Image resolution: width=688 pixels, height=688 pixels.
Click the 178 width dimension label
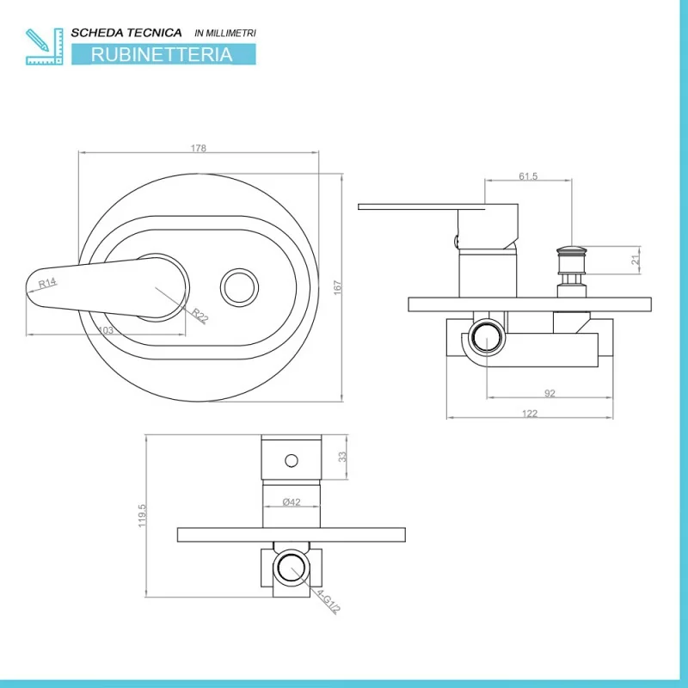[x=199, y=148]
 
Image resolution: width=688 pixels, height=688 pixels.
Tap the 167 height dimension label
[x=337, y=288]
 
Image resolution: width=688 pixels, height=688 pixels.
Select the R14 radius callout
[x=47, y=283]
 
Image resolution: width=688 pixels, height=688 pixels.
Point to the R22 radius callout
[x=200, y=316]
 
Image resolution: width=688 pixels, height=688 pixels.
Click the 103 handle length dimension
[x=105, y=330]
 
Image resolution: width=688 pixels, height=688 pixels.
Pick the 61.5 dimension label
[x=528, y=176]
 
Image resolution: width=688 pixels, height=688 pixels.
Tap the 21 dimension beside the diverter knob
[x=636, y=261]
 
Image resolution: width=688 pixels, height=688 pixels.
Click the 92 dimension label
[x=550, y=393]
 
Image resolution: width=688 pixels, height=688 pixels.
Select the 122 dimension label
[x=530, y=414]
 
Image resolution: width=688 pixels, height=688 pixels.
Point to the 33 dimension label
[x=342, y=457]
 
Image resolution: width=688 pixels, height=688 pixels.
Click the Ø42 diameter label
[x=292, y=502]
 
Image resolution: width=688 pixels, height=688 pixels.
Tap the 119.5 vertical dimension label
[x=142, y=515]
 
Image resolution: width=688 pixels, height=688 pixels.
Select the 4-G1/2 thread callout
[x=329, y=601]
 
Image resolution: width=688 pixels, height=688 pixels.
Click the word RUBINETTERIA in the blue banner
[x=162, y=54]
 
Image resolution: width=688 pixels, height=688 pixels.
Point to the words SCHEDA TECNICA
[x=126, y=33]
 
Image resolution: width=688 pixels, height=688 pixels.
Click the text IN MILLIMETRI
[x=225, y=33]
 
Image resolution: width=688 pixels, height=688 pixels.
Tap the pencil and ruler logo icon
[x=45, y=46]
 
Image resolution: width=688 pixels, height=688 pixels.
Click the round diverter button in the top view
[x=239, y=288]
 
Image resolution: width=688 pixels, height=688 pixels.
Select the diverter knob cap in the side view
[x=571, y=250]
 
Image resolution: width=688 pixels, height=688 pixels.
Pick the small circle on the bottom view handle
[x=292, y=461]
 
